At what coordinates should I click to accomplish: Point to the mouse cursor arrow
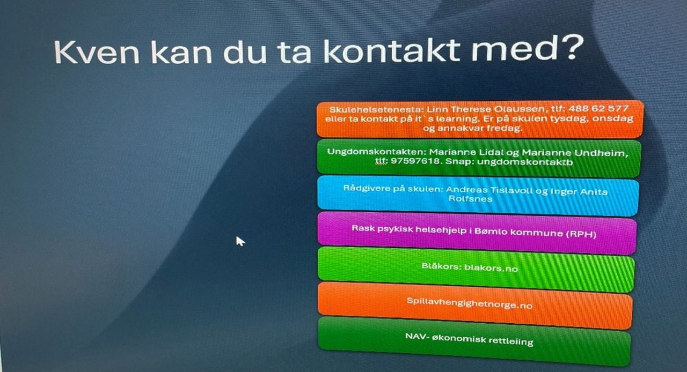(x=239, y=241)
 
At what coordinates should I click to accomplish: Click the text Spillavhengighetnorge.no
(x=469, y=303)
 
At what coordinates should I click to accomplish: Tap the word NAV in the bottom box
(x=415, y=336)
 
